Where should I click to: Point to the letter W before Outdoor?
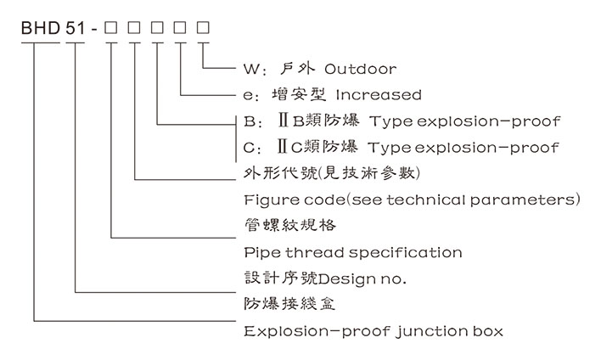coord(249,69)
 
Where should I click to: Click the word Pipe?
coord(261,252)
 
